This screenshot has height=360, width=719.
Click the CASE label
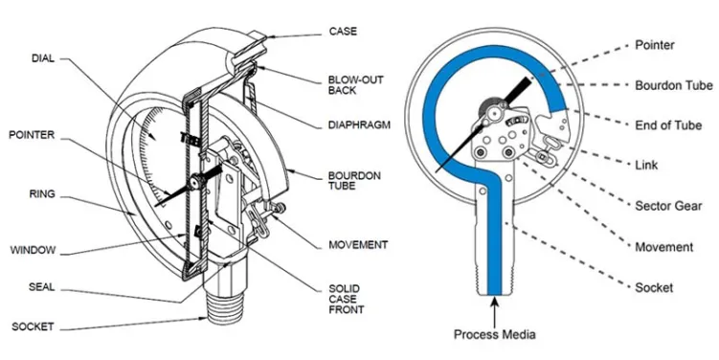click(x=343, y=32)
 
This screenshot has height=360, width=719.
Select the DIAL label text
click(x=43, y=58)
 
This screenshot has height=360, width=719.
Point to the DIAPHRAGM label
click(x=359, y=124)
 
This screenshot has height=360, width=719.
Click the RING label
click(x=42, y=194)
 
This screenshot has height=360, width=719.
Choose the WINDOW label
click(x=33, y=251)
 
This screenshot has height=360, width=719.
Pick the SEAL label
click(x=42, y=287)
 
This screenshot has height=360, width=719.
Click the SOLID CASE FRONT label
click(x=347, y=299)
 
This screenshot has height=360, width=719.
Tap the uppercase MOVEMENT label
click(x=358, y=245)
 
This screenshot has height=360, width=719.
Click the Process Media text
click(x=494, y=334)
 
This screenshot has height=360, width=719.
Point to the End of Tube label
click(x=668, y=125)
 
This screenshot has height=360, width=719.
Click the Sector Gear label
click(x=668, y=206)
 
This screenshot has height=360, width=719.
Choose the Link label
click(x=646, y=165)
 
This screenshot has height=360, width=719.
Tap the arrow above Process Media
click(x=494, y=310)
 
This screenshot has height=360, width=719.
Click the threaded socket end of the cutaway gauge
click(x=224, y=308)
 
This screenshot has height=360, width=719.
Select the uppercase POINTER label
click(x=32, y=135)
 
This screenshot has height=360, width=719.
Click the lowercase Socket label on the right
click(x=654, y=288)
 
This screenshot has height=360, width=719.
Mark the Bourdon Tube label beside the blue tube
click(x=674, y=85)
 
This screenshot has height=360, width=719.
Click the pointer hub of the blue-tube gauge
click(x=493, y=111)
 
